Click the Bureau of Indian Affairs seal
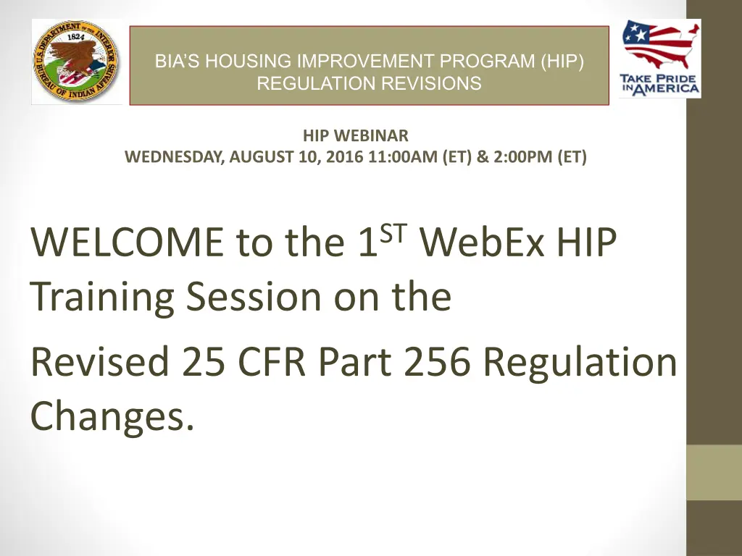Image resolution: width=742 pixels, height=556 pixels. pos(75,61)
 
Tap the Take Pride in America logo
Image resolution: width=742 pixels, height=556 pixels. pos(660,59)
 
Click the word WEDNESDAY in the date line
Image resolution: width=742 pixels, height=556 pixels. pos(175,156)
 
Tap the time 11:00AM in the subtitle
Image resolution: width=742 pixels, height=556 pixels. pos(403,156)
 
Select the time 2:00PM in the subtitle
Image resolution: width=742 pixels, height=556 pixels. pos(523,156)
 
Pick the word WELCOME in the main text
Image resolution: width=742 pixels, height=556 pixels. pos(127,242)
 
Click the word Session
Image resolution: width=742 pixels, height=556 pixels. pos(254,296)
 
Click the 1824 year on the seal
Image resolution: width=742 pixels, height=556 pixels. pos(75,36)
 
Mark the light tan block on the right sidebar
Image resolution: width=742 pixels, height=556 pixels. pos(714,472)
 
